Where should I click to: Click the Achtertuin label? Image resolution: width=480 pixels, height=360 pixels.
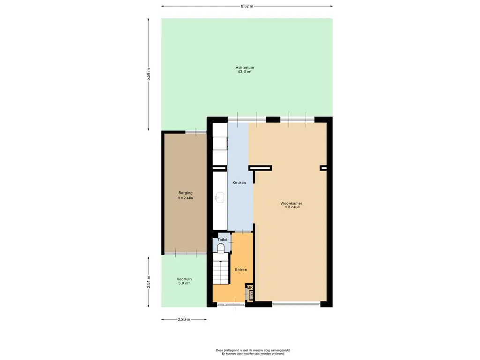(x=245, y=67)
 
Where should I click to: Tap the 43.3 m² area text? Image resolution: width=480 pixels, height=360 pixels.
(x=245, y=72)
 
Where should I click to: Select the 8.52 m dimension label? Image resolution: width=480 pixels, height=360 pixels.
(x=247, y=6)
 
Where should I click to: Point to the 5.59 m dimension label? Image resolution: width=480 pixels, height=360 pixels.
(x=149, y=75)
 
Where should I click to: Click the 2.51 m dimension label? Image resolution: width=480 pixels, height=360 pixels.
(x=149, y=282)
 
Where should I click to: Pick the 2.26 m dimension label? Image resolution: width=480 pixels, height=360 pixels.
(x=184, y=319)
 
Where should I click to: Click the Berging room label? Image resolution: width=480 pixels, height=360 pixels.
(x=186, y=193)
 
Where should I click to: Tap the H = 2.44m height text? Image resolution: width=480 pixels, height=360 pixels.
(x=186, y=198)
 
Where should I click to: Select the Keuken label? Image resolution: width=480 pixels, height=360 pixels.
(x=239, y=183)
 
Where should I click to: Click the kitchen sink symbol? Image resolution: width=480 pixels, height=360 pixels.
(x=219, y=197)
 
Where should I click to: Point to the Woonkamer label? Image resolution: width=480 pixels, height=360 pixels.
(x=292, y=203)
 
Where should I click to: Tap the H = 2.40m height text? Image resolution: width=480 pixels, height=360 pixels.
(x=292, y=207)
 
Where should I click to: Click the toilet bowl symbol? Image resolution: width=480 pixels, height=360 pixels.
(x=221, y=248)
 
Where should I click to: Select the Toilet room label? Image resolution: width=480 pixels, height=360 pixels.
(x=223, y=240)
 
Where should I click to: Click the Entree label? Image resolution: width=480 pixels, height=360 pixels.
(x=240, y=270)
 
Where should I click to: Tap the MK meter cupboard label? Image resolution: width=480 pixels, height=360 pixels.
(x=250, y=288)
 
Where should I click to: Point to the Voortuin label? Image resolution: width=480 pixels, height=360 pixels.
(x=184, y=279)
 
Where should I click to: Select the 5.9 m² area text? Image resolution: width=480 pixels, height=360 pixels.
(x=184, y=284)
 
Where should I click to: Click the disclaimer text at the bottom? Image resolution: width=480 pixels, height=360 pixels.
(x=253, y=352)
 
